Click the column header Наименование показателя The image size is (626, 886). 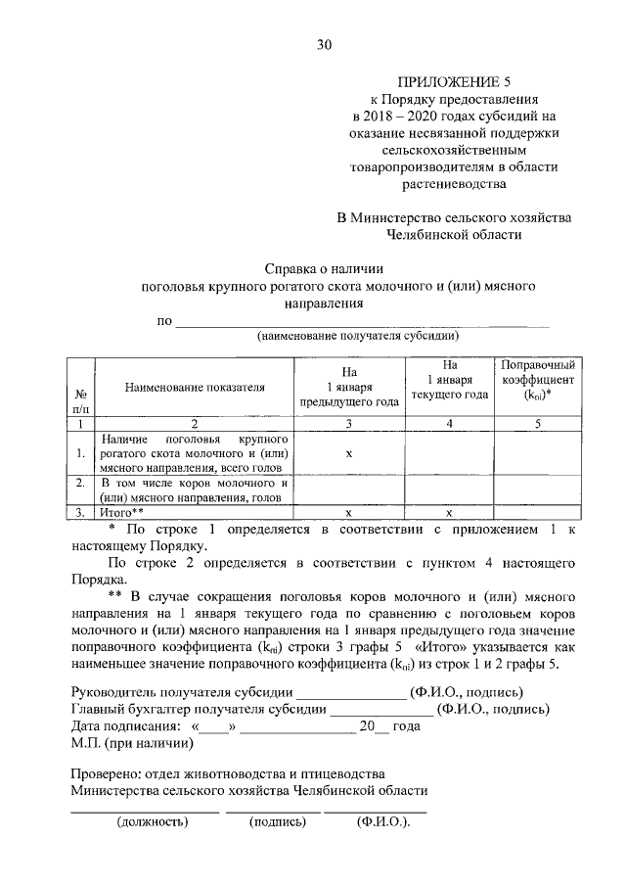[195, 387]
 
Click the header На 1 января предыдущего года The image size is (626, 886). [349, 387]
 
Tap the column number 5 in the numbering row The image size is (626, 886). [537, 424]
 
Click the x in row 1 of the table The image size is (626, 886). [349, 453]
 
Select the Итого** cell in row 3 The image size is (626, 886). [122, 512]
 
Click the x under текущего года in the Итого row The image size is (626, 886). [449, 512]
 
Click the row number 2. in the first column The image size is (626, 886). [79, 483]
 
